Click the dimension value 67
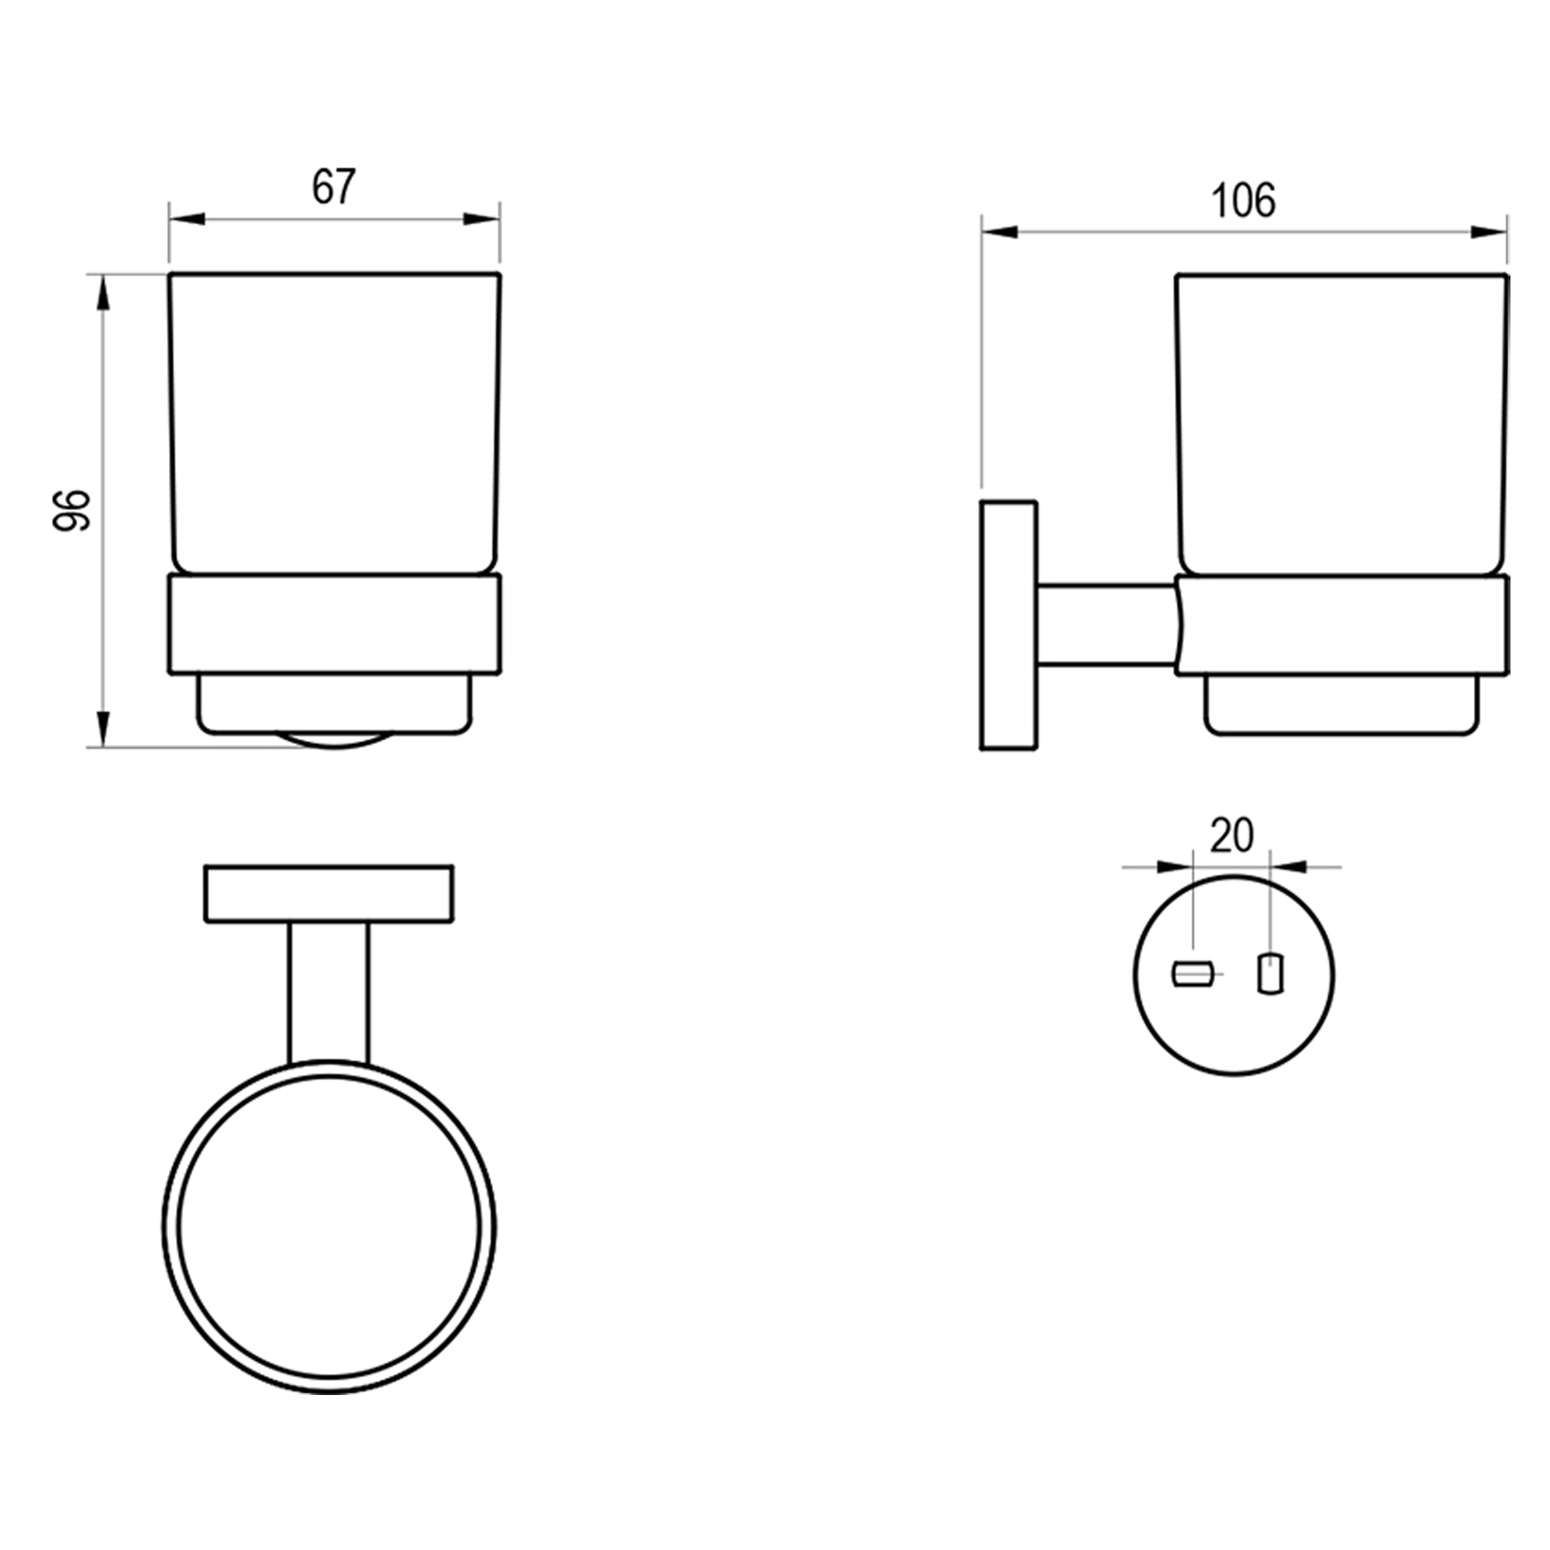tap(333, 187)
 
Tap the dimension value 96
tap(71, 510)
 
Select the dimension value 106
tap(1243, 201)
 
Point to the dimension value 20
tap(1231, 836)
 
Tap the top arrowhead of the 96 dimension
tap(102, 293)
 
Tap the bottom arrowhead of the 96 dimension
tap(102, 728)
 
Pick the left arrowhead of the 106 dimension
tap(1000, 232)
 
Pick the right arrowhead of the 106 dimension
tap(1489, 232)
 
